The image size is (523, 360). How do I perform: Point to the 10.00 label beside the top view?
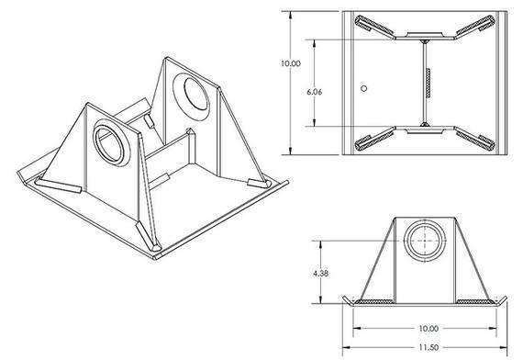290,63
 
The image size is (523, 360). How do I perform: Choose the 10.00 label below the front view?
424,327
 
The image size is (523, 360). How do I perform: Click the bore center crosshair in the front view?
424,241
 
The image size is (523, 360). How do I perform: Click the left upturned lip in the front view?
348,300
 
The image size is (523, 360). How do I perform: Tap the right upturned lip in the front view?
500,300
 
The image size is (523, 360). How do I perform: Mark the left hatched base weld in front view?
376,301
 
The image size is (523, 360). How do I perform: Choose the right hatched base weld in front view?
472,301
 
